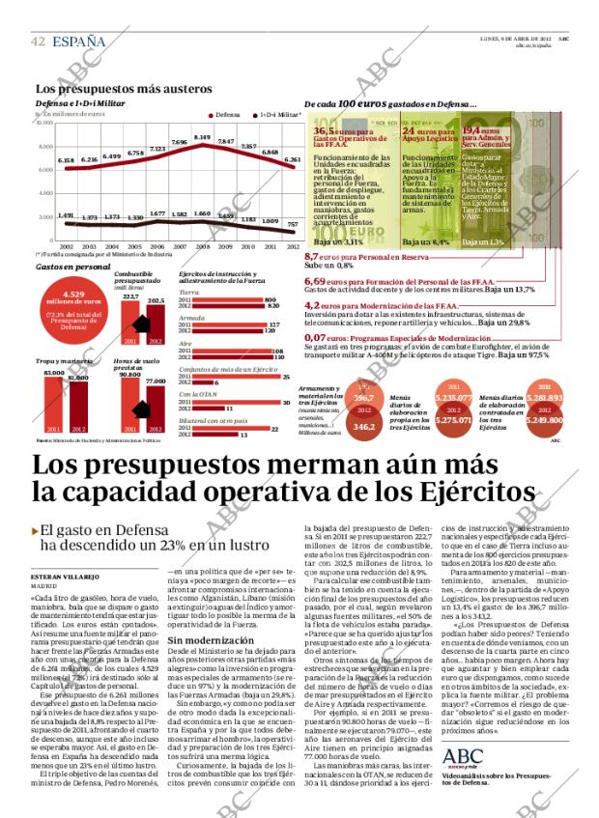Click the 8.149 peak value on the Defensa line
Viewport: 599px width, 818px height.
[x=202, y=137]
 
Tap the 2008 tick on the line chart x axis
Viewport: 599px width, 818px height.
[x=202, y=246]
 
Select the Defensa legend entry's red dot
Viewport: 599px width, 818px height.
[x=210, y=114]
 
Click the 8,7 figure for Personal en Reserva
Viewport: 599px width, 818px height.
[x=313, y=257]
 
